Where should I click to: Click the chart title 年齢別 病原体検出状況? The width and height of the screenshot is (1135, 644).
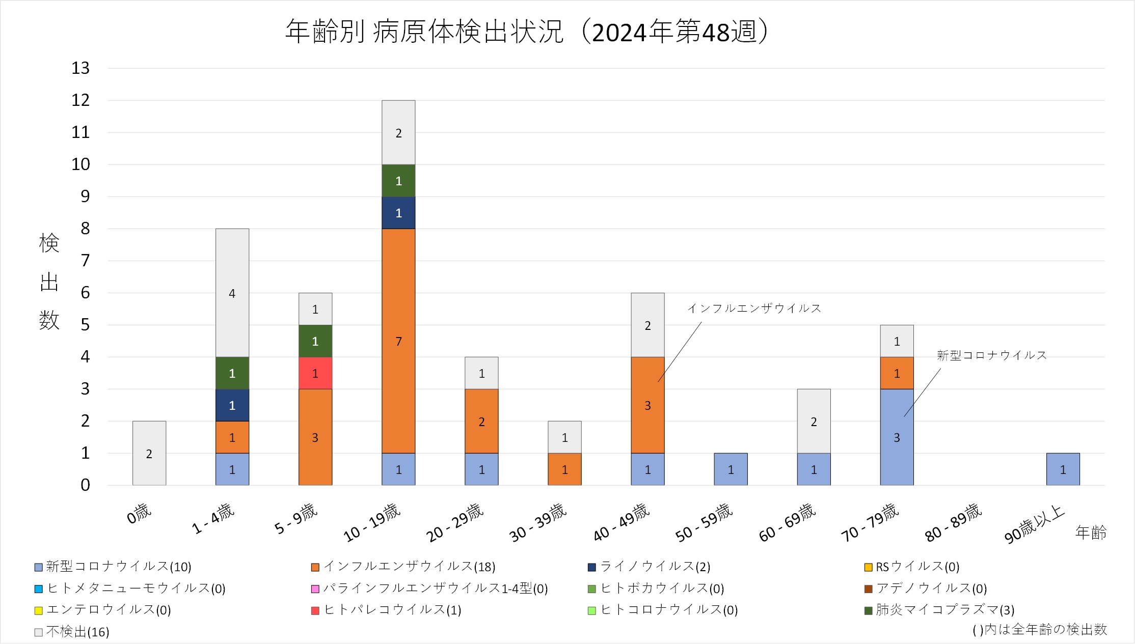[x=527, y=32]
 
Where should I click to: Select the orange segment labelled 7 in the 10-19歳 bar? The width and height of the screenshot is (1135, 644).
[x=398, y=341]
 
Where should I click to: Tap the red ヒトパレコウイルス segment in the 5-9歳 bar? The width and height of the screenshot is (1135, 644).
[x=315, y=373]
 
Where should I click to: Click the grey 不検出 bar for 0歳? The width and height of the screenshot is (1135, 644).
[x=149, y=453]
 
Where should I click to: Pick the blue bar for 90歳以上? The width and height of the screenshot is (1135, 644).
[x=1063, y=469]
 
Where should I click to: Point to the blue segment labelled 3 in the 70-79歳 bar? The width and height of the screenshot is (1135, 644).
[x=897, y=437]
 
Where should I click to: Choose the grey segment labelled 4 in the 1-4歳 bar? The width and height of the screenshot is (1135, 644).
[x=232, y=293]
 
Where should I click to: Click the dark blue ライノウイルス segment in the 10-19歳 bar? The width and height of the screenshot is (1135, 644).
[x=398, y=213]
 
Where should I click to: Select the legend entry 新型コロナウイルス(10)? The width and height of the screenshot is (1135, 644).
[x=113, y=567]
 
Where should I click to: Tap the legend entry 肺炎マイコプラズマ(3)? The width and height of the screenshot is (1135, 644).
[x=939, y=610]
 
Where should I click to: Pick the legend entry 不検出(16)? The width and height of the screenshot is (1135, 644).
[x=72, y=632]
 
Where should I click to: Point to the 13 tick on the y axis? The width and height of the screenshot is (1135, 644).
[x=80, y=68]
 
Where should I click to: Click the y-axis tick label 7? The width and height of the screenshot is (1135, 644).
[x=85, y=261]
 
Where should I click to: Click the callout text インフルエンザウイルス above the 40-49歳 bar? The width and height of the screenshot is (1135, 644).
[x=754, y=309]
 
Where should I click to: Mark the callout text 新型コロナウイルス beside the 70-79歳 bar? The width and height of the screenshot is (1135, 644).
[x=991, y=355]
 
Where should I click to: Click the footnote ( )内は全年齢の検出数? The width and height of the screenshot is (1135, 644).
[x=1039, y=630]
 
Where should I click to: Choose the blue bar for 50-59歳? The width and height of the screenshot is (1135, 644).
[x=731, y=469]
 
